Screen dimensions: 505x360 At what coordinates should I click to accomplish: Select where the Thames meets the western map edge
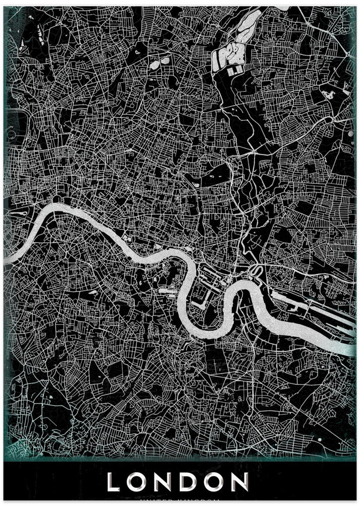6,260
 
